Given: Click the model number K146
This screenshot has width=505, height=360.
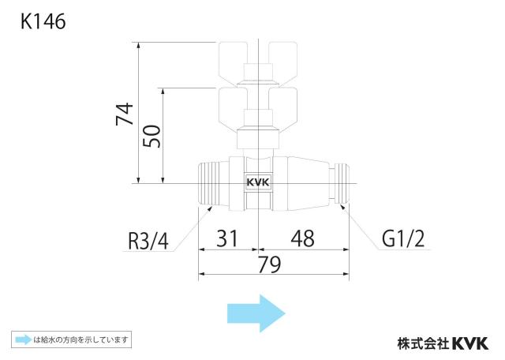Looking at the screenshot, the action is coord(43,21).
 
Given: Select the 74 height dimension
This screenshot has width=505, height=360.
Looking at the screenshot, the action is coord(125,114).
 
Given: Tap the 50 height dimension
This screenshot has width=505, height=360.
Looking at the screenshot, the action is coord(151,136).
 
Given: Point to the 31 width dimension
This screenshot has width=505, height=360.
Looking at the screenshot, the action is coord(227,238).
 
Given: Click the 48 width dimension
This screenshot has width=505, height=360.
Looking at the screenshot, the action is coord(303,238).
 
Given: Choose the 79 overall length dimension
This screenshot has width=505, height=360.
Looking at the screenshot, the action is coord(270,265).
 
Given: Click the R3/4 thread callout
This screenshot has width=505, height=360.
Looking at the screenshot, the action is coord(148,241).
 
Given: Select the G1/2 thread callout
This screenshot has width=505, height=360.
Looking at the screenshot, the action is coord(403,239).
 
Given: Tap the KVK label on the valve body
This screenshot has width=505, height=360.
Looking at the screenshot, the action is coord(258,182).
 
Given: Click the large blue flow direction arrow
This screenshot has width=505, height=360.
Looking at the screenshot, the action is coord(256,313).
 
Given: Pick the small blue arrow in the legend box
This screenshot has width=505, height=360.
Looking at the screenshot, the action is coord(24,339).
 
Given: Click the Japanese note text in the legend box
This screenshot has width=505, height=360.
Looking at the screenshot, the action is coord(81,339).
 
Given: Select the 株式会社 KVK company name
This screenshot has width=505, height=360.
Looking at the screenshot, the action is coord(443,343).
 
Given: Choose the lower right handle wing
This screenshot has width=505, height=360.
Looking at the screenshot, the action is coord(282,107).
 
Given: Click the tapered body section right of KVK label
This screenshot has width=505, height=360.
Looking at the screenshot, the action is coord(301,183).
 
